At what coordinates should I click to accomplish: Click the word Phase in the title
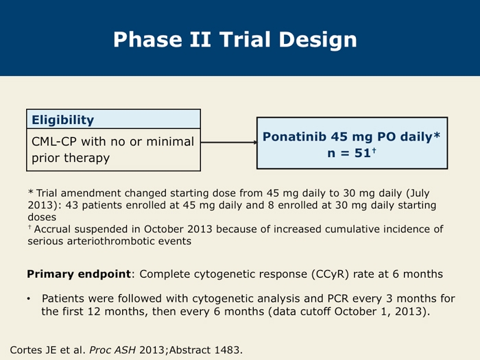pyautogui.click(x=147, y=40)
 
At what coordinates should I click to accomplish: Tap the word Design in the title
pyautogui.click(x=317, y=40)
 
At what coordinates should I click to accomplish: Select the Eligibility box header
pyautogui.click(x=114, y=119)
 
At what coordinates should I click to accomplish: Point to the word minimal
pyautogui.click(x=170, y=141)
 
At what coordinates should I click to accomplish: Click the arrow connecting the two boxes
pyautogui.click(x=228, y=142)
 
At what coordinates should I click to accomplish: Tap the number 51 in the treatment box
pyautogui.click(x=363, y=153)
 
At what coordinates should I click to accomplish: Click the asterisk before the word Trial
pyautogui.click(x=31, y=192)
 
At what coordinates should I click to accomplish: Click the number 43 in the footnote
pyautogui.click(x=72, y=205)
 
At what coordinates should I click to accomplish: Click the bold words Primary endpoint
pyautogui.click(x=79, y=274)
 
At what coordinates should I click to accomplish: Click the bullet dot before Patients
pyautogui.click(x=29, y=299)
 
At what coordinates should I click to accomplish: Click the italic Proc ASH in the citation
pyautogui.click(x=112, y=350)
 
